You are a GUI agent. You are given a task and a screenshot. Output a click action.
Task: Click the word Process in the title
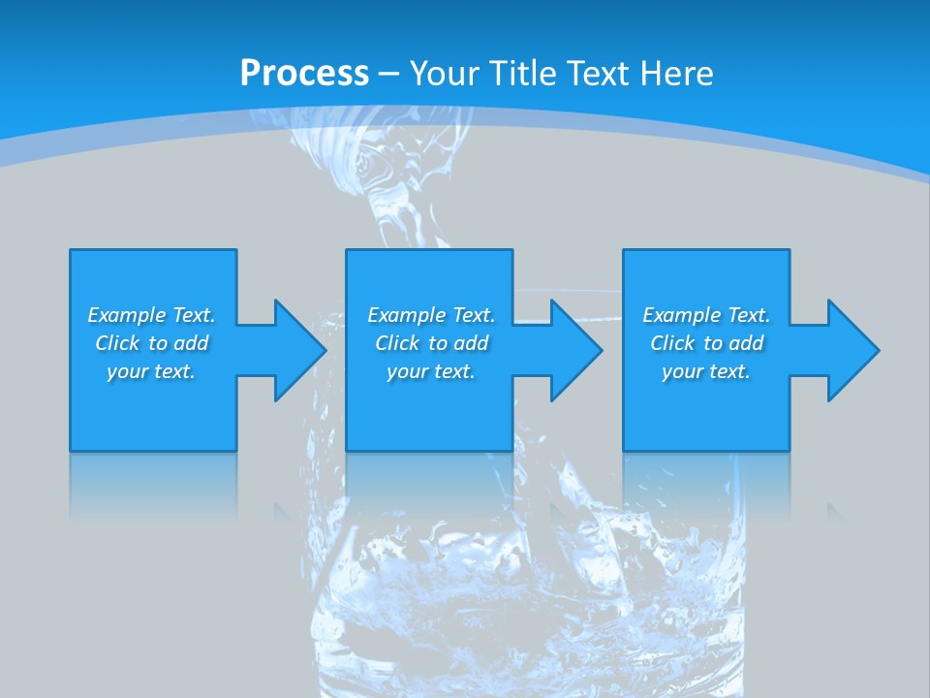click(x=304, y=74)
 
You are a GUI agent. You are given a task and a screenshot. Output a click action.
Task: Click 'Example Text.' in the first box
click(x=151, y=315)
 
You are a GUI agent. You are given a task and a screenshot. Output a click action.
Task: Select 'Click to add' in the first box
click(x=151, y=343)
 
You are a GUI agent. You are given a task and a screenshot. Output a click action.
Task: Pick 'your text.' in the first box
click(x=151, y=371)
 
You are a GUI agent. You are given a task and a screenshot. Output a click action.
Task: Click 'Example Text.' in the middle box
click(x=431, y=315)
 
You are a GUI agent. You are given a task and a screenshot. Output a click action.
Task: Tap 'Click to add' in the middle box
click(x=431, y=343)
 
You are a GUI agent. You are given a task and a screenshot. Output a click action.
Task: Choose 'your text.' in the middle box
click(x=431, y=371)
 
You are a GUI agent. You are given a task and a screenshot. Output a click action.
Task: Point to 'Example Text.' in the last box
click(x=706, y=315)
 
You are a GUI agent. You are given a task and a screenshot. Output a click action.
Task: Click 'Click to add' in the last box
click(x=706, y=343)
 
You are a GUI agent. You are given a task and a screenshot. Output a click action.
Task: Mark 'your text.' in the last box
click(x=706, y=371)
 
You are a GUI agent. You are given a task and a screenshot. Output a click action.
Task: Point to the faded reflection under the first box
click(x=153, y=485)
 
